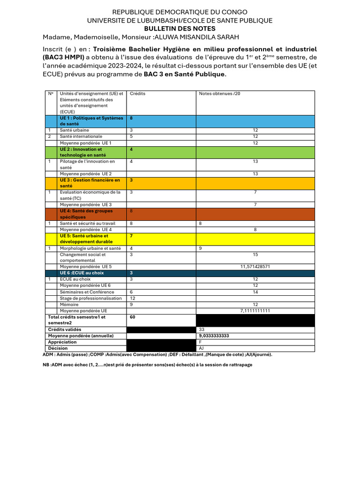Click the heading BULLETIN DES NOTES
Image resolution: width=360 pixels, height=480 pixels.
[180, 29]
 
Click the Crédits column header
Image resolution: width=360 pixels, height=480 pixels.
[137, 94]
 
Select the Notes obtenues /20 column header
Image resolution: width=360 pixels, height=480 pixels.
[219, 94]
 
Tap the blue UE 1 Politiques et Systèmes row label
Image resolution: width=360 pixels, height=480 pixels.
[91, 121]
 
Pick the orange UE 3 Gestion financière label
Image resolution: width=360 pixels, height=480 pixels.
[90, 183]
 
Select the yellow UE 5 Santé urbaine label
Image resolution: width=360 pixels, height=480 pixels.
[86, 239]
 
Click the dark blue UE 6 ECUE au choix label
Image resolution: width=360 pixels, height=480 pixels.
[82, 273]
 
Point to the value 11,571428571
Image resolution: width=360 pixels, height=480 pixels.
[255, 266]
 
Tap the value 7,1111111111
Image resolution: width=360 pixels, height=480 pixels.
[255, 311]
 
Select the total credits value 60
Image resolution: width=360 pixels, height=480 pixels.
[133, 317]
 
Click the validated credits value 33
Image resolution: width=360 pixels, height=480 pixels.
[202, 330]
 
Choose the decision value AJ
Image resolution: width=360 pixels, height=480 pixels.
[202, 348]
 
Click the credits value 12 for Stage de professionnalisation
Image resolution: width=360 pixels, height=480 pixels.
[133, 298]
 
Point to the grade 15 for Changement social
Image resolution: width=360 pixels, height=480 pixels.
[255, 255]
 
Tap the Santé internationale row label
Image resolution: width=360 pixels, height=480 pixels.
[81, 136]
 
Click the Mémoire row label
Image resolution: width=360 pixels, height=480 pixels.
[69, 304]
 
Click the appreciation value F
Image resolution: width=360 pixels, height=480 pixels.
[200, 342]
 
